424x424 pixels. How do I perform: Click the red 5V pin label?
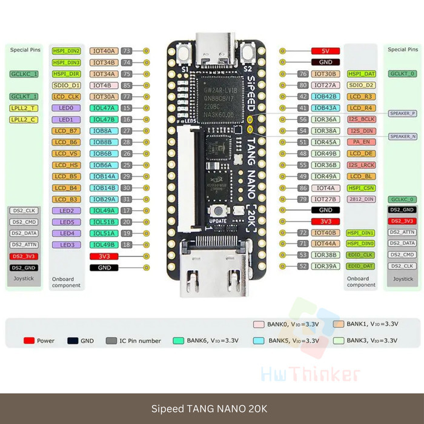coord(325,51)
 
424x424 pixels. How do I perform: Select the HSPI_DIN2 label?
coord(66,51)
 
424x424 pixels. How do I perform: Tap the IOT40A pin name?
coord(104,51)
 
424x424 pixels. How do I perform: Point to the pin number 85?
coord(127,85)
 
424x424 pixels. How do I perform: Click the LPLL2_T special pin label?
coord(24,108)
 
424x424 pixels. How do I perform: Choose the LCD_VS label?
coord(66,153)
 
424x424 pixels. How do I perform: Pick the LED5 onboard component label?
coord(67,222)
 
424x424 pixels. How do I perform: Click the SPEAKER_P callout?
coord(403,113)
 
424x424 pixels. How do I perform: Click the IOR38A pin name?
coord(325,131)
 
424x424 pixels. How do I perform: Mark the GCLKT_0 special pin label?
coord(403,73)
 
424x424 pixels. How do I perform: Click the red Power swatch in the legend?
coord(28,340)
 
